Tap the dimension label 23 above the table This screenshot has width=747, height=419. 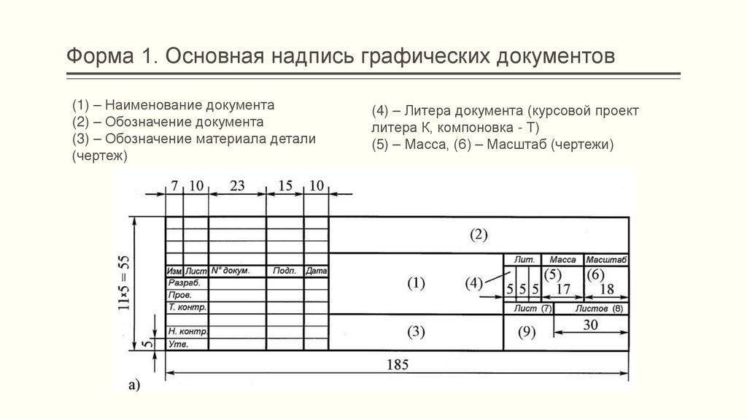(236, 185)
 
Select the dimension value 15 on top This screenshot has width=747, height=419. (285, 185)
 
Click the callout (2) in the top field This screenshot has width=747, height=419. (478, 235)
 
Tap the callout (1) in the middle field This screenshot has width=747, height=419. (415, 284)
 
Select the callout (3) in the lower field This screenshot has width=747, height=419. (415, 332)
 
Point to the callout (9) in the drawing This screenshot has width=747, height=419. (526, 332)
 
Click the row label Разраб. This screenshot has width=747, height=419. (183, 282)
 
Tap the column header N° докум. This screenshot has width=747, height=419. (230, 271)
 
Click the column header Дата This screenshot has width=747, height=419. (316, 271)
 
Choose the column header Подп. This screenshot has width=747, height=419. (284, 271)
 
